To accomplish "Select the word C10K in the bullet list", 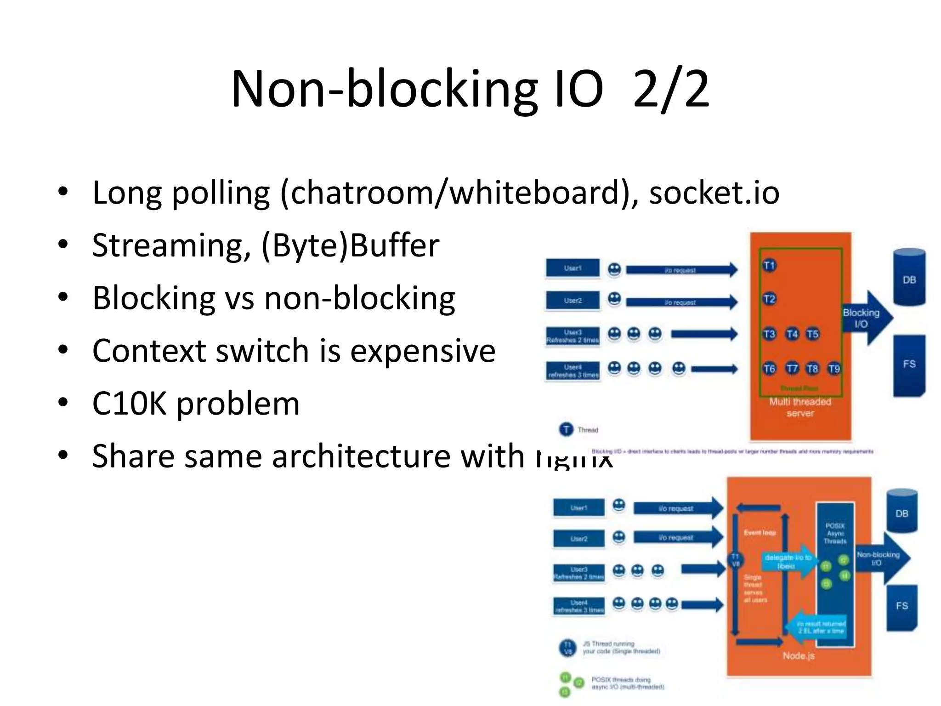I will (129, 404).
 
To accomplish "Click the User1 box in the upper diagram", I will (573, 268).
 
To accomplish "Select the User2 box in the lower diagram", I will (579, 539).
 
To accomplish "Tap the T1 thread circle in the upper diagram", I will (769, 266).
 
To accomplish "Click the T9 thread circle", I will (834, 369).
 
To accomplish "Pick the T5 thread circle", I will (812, 334).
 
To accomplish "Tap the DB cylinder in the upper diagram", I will (909, 278).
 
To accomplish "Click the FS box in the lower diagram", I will (901, 607).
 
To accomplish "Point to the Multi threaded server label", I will (800, 407).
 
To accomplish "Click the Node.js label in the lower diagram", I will (799, 656).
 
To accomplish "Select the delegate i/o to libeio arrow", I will (787, 561).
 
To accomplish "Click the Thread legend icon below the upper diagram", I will (566, 429).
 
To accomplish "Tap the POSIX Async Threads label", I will (835, 533).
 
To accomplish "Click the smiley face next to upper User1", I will (614, 269).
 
